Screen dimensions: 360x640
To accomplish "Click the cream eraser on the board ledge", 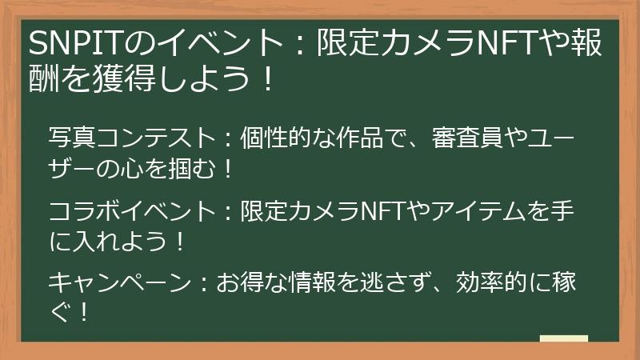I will (563, 339).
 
